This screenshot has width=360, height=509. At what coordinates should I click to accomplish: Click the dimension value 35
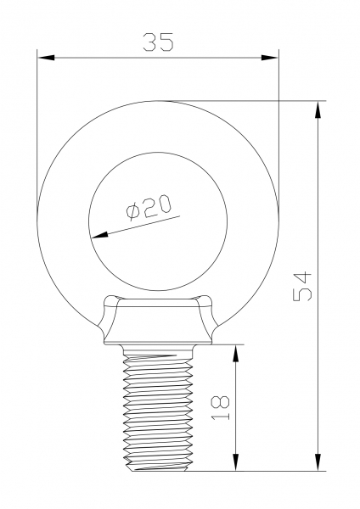pyautogui.click(x=158, y=42)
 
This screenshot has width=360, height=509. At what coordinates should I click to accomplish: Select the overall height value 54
pyautogui.click(x=303, y=287)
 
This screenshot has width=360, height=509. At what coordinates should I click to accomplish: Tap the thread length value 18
pyautogui.click(x=220, y=408)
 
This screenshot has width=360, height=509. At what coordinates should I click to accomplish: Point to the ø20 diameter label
pyautogui.click(x=148, y=206)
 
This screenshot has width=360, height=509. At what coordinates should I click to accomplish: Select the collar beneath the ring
pyautogui.click(x=158, y=322)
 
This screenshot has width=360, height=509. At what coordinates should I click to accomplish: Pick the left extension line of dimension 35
pyautogui.click(x=37, y=127)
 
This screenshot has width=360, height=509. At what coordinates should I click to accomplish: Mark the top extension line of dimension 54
pyautogui.click(x=255, y=101)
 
